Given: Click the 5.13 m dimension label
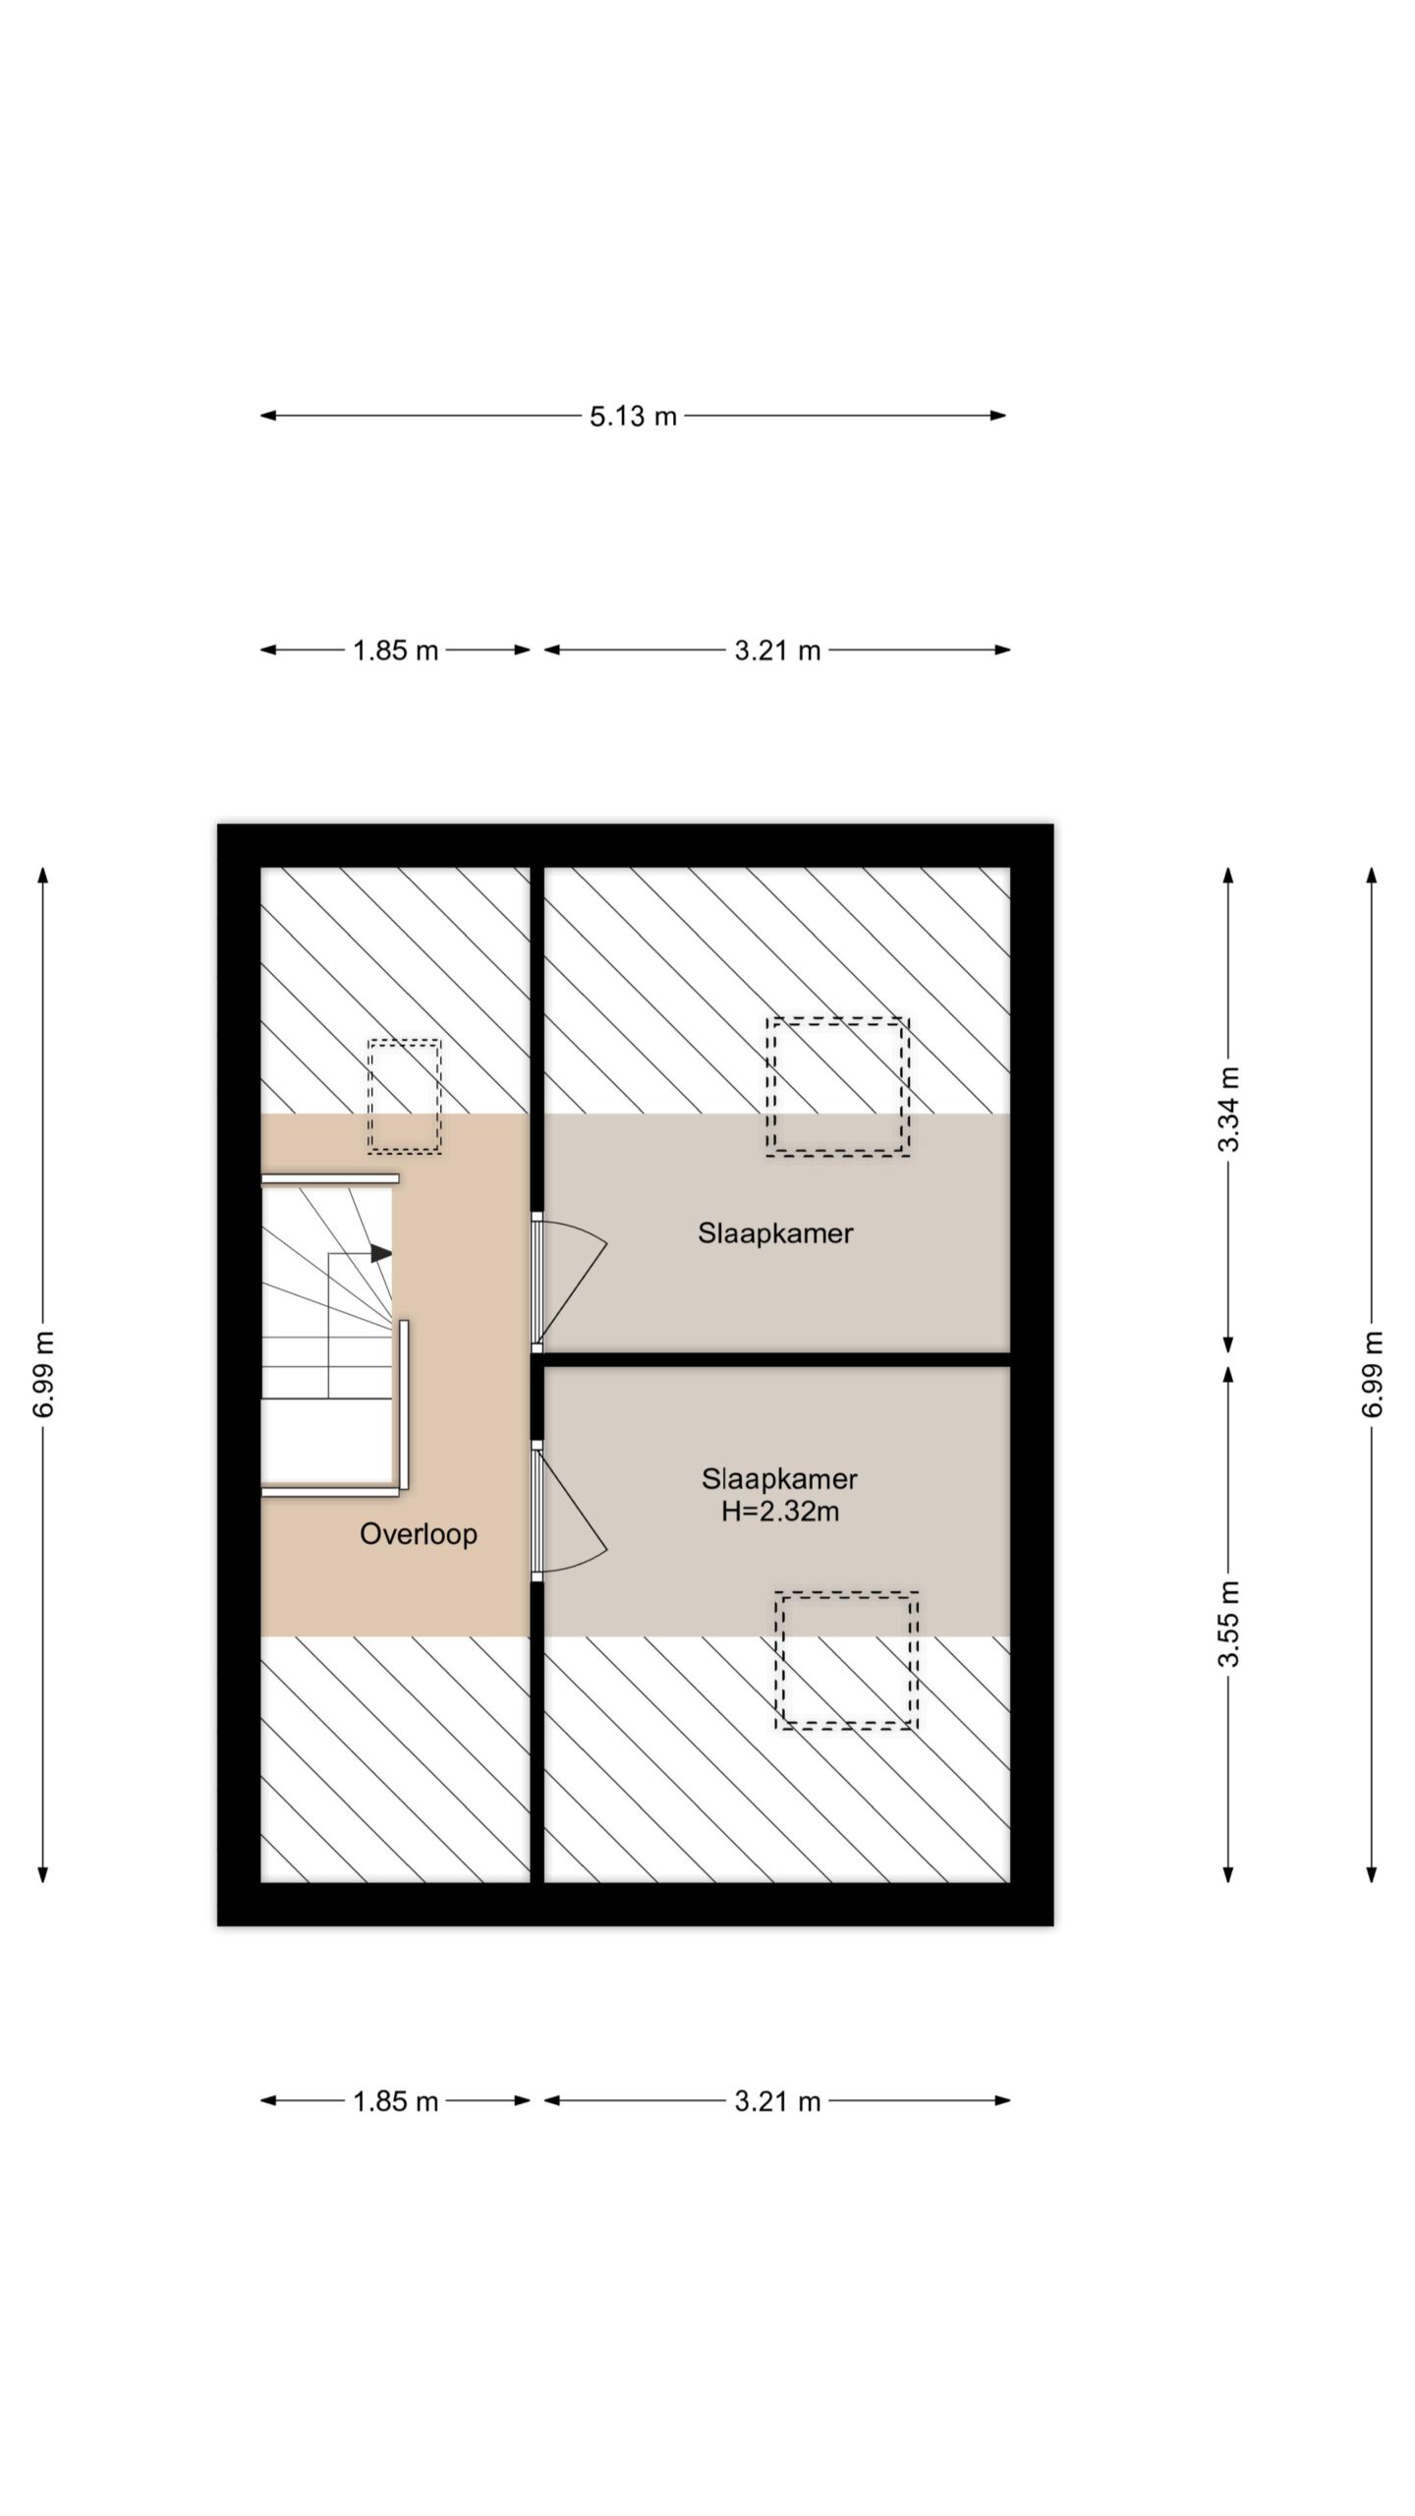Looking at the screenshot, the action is point(633,416).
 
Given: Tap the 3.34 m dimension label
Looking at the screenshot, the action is point(1228,1108).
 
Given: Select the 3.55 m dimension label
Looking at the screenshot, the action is point(1228,1624).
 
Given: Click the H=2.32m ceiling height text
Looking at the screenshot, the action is point(780,1512).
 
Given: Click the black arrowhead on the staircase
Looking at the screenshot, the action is point(381,1253).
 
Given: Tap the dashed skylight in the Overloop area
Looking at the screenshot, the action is point(404,1096).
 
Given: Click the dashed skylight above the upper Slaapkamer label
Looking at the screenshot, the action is point(838,1087).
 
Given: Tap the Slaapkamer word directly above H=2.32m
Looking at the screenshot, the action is point(779,1478).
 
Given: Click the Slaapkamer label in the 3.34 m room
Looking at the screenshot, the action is point(775,1232).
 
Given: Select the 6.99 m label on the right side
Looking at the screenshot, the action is point(1373,1374).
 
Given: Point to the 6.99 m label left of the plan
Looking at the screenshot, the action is point(43,1374).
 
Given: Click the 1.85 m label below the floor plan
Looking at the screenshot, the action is point(395,2101).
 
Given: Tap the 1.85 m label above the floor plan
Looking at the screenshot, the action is point(395,650).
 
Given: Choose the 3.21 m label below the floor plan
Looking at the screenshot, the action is point(777,2101).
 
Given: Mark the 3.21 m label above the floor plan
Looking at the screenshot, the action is point(777,650).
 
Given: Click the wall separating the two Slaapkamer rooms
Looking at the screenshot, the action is point(777,1360).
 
